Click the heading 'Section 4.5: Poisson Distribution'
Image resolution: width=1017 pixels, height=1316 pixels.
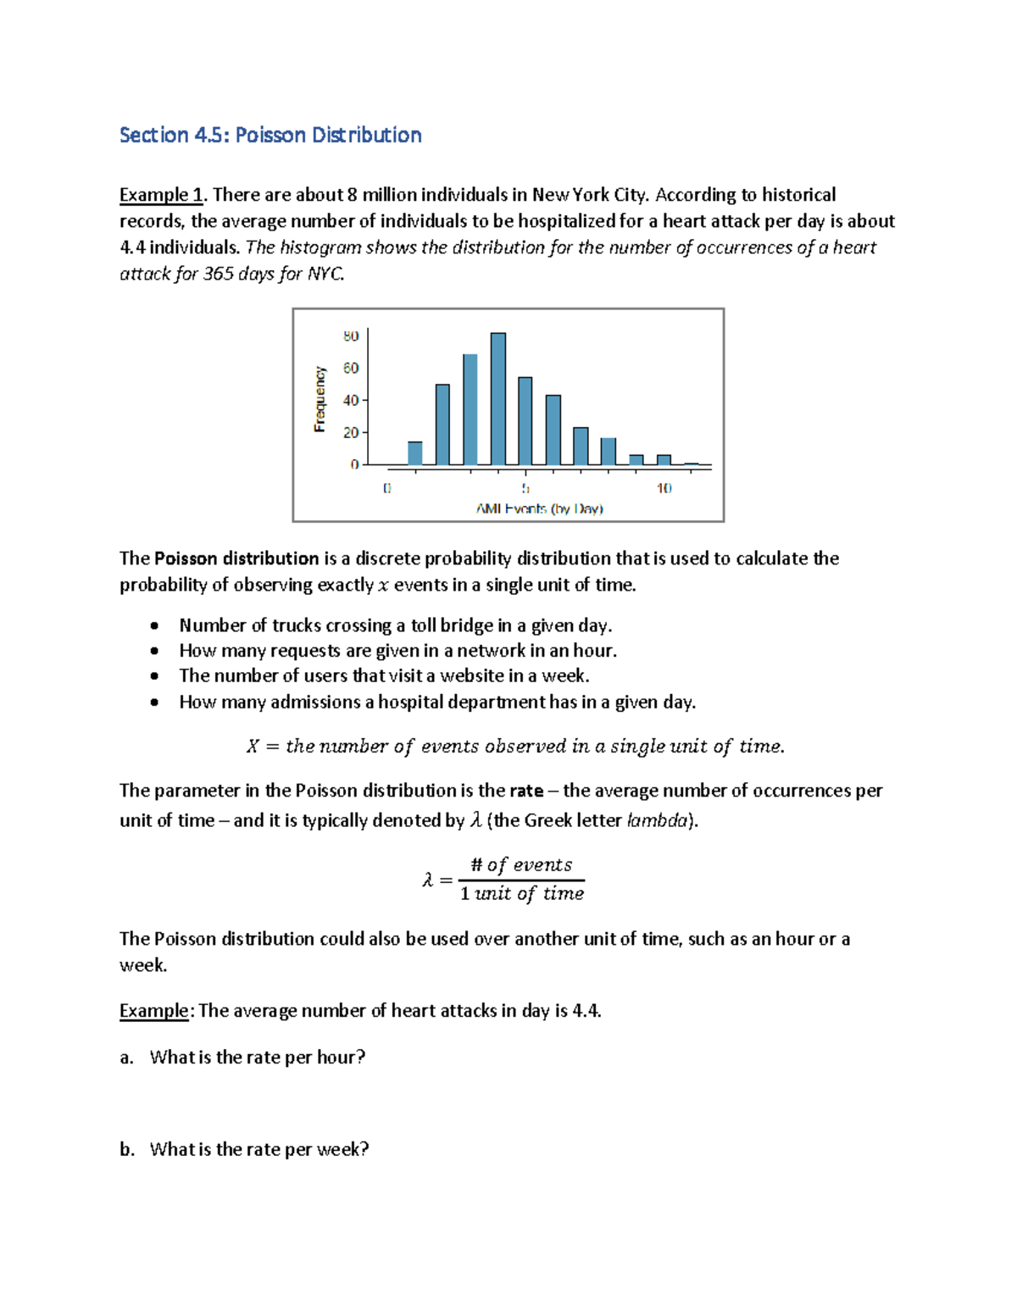[x=270, y=136]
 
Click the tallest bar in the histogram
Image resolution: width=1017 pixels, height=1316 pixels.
[x=498, y=398]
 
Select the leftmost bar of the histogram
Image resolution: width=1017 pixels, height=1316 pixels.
[x=415, y=453]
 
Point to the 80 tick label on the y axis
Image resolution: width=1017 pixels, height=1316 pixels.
[x=351, y=336]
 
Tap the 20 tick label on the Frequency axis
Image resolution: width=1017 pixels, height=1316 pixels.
[x=351, y=433]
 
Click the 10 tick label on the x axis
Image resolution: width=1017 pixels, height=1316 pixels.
[x=664, y=488]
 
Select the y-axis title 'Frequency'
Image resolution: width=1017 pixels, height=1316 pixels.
[x=320, y=399]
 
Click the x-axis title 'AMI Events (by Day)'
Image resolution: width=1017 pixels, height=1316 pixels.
[x=539, y=509]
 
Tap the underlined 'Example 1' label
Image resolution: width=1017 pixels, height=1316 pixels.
[x=161, y=195]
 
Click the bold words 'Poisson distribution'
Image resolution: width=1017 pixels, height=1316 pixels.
[x=236, y=558]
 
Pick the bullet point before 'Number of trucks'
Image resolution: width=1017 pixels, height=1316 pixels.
[x=153, y=626]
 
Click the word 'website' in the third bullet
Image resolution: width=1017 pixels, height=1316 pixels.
[x=472, y=676]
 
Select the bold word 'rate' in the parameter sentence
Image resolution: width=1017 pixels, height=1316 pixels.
[x=526, y=791]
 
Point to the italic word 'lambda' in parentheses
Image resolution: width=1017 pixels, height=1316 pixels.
[x=657, y=821]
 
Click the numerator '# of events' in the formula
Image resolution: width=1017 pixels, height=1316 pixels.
[x=521, y=865]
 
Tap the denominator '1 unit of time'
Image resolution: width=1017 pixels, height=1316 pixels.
[x=521, y=894]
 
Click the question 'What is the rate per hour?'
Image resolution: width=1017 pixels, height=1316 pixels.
[x=258, y=1058]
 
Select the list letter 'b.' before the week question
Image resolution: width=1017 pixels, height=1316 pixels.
[x=127, y=1150]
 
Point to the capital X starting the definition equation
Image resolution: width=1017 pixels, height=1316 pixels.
[x=253, y=747]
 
